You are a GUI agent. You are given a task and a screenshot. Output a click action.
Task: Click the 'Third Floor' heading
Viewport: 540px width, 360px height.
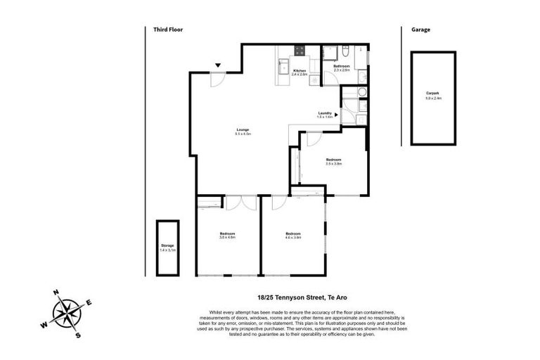168,30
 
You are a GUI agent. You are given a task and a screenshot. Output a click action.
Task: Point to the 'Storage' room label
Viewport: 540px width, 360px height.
167,245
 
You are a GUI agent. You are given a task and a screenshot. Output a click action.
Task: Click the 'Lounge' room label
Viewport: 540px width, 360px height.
243,129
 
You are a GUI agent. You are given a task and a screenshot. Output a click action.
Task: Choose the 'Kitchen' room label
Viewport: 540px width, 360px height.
300,71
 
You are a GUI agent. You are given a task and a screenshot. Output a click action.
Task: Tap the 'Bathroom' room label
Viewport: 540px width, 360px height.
342,67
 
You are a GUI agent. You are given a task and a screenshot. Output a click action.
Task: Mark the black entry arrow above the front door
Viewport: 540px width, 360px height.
219,65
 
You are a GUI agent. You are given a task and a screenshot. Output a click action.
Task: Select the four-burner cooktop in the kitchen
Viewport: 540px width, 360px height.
300,51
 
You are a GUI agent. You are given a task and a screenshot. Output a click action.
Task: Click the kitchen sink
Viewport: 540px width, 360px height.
282,67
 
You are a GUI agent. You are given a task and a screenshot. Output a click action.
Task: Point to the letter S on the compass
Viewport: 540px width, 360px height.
78,335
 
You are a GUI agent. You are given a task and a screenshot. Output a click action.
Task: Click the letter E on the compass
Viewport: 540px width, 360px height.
89,302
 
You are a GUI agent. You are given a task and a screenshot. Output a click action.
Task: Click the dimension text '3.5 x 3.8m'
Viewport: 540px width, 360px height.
333,164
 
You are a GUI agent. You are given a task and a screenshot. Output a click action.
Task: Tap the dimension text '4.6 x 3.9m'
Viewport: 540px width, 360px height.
293,238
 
